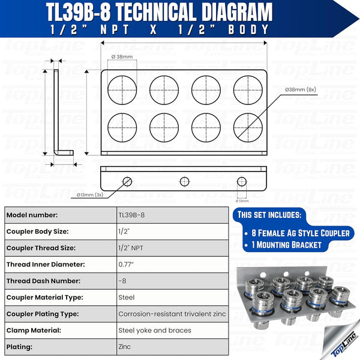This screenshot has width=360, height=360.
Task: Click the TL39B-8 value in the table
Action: click(131, 215)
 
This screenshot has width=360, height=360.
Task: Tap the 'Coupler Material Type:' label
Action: click(46, 297)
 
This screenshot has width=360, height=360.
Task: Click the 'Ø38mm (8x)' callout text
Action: click(301, 89)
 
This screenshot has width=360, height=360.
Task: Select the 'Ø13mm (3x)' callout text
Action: click(90, 194)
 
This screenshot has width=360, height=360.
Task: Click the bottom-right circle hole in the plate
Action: click(247, 125)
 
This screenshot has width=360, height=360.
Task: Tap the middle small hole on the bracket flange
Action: click(184, 181)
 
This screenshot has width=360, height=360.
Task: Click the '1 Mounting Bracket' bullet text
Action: click(287, 244)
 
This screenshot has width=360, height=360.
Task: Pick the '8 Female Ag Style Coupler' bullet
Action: click(297, 232)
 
